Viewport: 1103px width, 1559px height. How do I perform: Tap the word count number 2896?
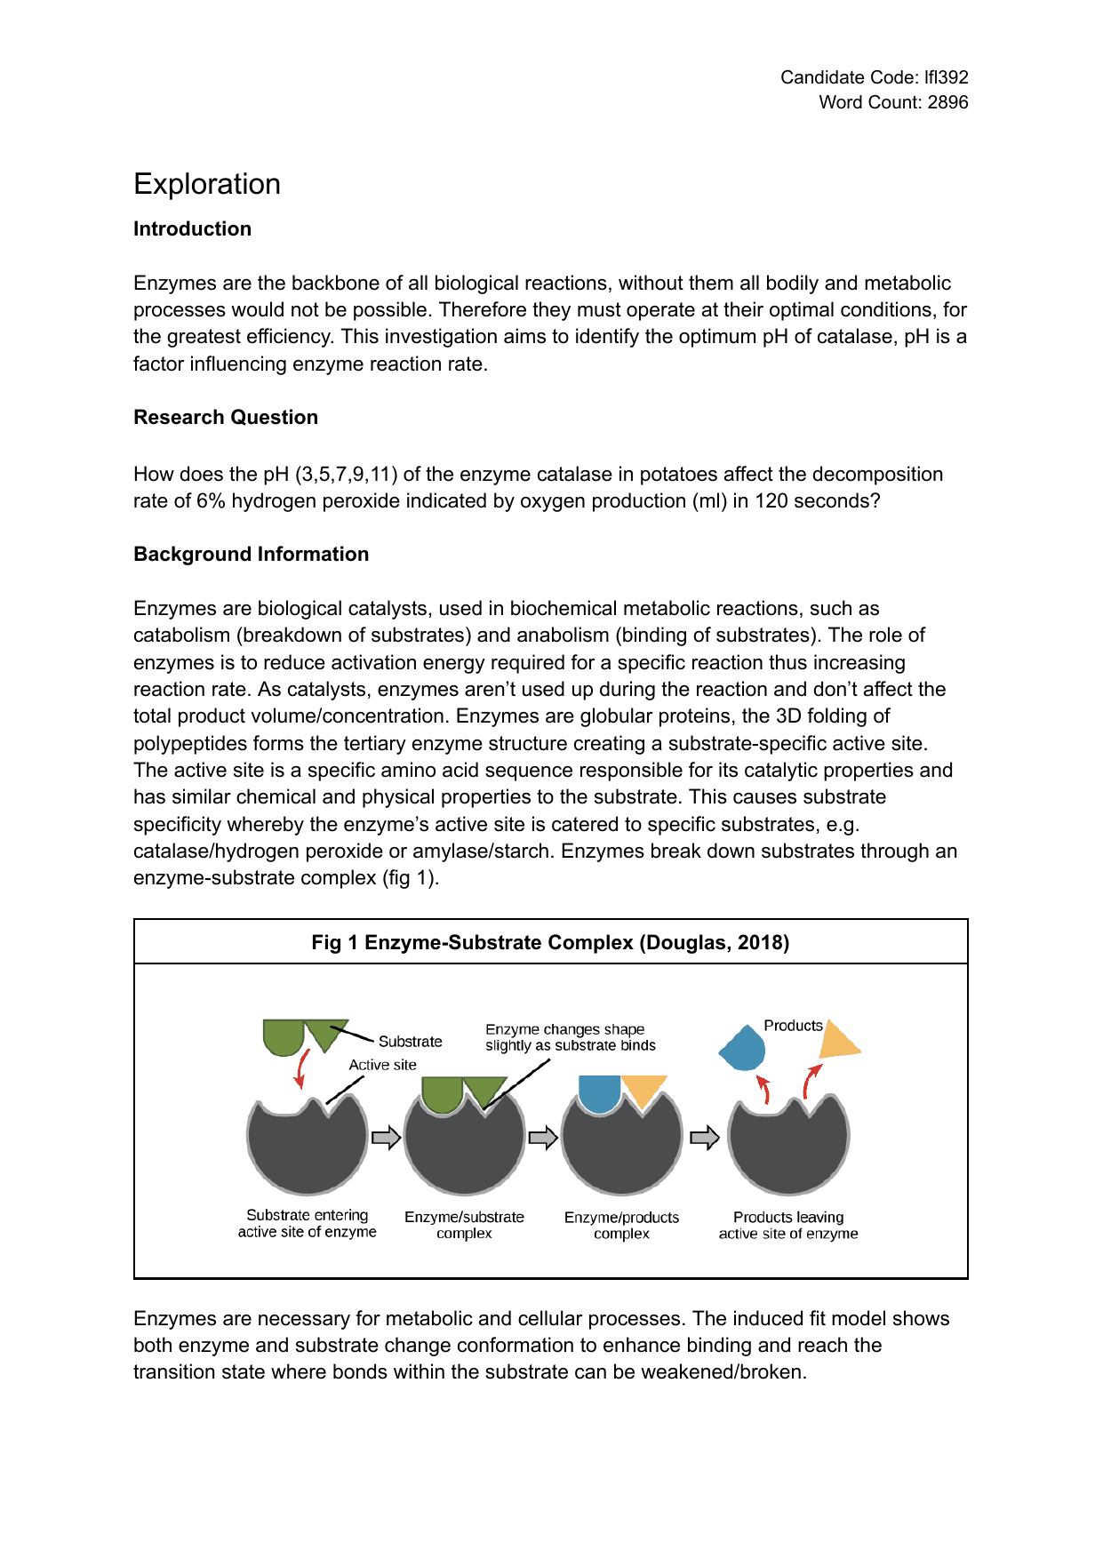tap(947, 102)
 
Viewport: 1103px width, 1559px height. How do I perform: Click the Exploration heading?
tap(207, 184)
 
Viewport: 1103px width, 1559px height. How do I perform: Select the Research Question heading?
tap(226, 417)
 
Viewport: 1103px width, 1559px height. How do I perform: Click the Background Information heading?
tap(251, 554)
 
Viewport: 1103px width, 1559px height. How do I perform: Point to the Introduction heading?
tap(192, 228)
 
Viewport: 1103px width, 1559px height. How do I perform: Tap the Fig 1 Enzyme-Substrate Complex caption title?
tap(550, 942)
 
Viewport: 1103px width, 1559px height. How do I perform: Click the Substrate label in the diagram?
tap(410, 1041)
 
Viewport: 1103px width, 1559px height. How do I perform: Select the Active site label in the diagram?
tap(382, 1064)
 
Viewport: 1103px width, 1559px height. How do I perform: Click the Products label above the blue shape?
tap(793, 1025)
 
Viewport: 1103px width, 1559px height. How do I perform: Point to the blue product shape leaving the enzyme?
tap(743, 1048)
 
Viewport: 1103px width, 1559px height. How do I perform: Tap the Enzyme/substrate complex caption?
tap(464, 1225)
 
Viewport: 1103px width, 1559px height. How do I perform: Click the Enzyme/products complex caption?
tap(621, 1225)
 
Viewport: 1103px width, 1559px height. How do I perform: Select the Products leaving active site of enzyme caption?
tap(788, 1225)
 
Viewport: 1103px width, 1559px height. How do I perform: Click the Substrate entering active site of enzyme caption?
tap(308, 1223)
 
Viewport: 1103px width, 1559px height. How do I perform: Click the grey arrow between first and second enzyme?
tap(386, 1138)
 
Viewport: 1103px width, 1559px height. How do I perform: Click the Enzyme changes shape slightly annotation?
tap(570, 1036)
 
